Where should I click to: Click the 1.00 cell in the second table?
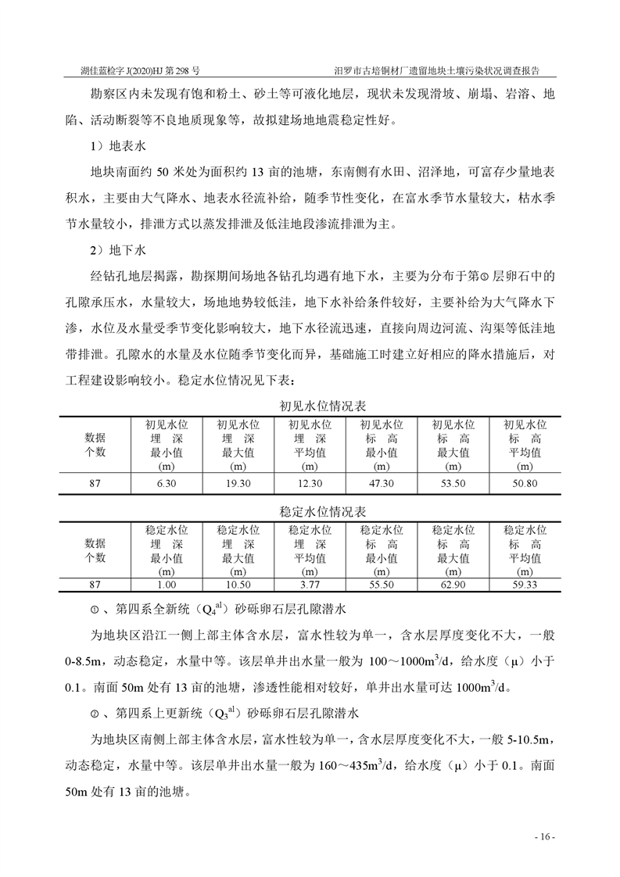(166, 585)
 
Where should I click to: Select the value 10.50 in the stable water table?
(238, 585)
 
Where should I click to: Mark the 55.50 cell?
(381, 585)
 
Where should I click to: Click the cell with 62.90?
(453, 585)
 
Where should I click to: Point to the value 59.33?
(524, 585)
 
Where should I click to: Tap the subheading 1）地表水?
(114, 146)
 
